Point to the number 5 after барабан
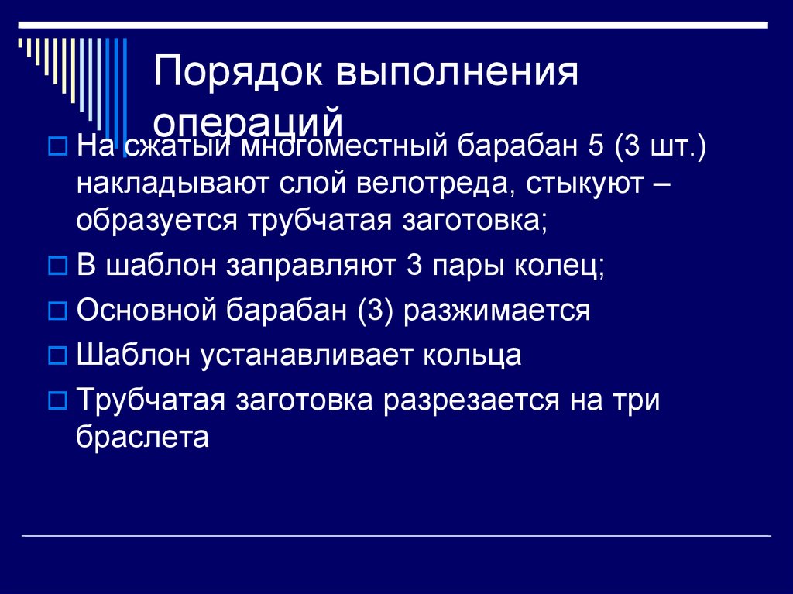(597, 144)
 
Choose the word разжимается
(496, 311)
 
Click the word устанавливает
(311, 355)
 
